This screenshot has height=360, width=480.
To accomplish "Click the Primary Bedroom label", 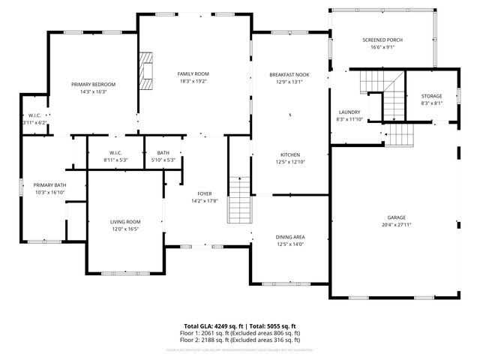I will (88, 85).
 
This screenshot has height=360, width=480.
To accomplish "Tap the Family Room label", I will (193, 73).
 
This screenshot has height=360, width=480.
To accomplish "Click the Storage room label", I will (431, 96).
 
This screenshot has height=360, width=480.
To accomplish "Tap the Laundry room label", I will (349, 111).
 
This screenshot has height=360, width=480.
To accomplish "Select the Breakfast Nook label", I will (289, 75).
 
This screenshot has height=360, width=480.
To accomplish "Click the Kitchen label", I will (289, 154).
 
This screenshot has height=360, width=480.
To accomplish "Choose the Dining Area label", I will (289, 236).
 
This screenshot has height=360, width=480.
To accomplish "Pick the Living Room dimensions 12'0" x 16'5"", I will (126, 229).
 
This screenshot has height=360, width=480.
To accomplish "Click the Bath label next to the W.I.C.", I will (163, 152).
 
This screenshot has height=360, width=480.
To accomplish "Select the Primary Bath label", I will (49, 184).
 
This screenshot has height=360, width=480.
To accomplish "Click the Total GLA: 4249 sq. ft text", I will (214, 325).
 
